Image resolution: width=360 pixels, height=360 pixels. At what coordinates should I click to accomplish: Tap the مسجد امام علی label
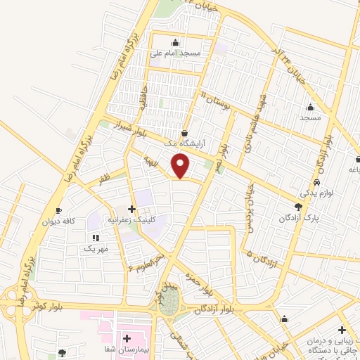tap(175, 53)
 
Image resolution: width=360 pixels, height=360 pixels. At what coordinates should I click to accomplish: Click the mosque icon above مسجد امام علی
tap(175, 42)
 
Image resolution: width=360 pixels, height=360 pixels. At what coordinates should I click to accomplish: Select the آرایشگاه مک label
tap(184, 143)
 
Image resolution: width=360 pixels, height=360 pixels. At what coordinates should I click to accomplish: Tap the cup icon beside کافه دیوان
tap(59, 210)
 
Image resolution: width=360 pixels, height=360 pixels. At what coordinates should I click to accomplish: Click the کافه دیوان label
tap(60, 221)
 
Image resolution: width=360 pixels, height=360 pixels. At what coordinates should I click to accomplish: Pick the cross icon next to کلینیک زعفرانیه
tap(131, 209)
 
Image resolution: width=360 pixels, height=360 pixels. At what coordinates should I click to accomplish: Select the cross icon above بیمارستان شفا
tap(127, 339)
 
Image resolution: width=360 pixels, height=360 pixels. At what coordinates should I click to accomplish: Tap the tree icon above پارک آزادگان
tap(299, 207)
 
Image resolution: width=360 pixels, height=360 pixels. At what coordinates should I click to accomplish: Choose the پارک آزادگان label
tap(299, 217)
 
